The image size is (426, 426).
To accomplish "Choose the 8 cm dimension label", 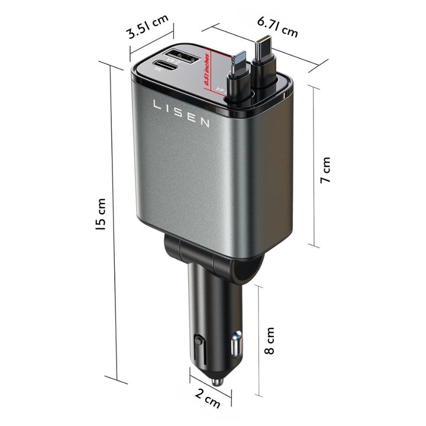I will [270, 341].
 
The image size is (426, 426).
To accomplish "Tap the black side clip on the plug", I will [199, 347].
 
